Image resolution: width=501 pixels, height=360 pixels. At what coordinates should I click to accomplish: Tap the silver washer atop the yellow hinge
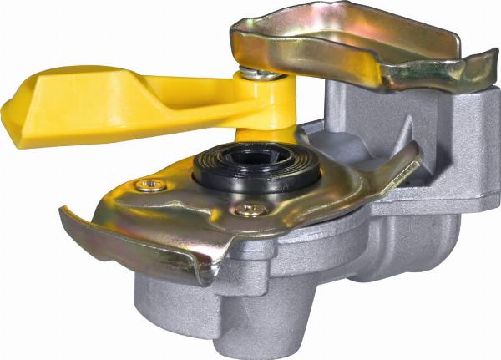[261, 74]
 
